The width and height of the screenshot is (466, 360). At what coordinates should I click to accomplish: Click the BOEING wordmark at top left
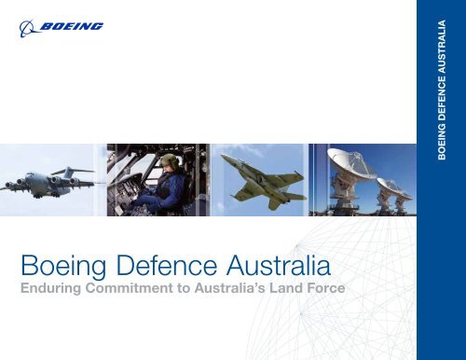pos(73,28)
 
